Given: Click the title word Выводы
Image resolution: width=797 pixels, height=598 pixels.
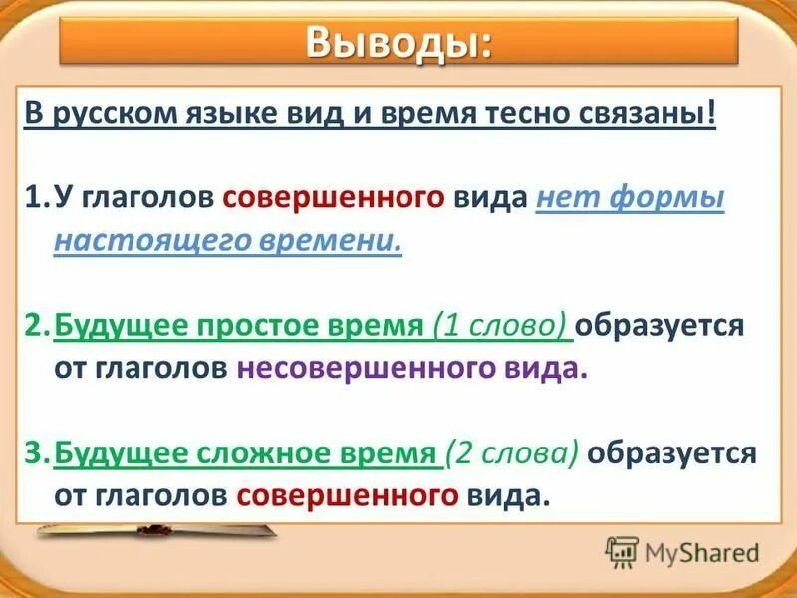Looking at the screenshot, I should tap(398, 44).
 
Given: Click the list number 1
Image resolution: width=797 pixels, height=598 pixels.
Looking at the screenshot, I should tap(33, 197).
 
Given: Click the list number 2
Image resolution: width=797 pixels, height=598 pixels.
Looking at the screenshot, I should tap(34, 325).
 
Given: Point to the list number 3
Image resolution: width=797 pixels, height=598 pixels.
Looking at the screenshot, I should tap(34, 453).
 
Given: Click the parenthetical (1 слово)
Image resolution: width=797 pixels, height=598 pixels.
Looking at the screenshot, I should tap(501, 325).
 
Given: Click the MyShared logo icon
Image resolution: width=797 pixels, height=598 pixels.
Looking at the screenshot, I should tap(622, 551).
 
